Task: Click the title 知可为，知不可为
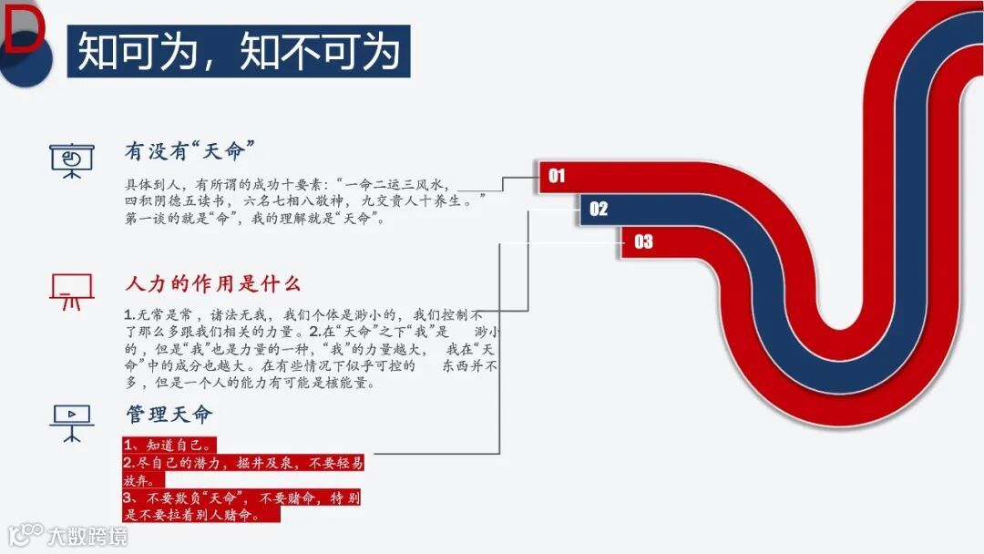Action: pyautogui.click(x=239, y=51)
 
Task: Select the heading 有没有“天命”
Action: pyautogui.click(x=189, y=150)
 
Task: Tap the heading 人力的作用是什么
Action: pyautogui.click(x=212, y=283)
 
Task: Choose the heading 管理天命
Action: pyautogui.click(x=169, y=415)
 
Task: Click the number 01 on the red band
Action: pyautogui.click(x=557, y=176)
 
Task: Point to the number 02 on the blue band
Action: pyautogui.click(x=599, y=209)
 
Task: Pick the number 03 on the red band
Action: pyautogui.click(x=643, y=241)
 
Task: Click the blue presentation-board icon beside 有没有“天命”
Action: pyautogui.click(x=71, y=159)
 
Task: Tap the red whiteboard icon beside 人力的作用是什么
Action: pyautogui.click(x=71, y=292)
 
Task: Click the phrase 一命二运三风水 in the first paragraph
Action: pyautogui.click(x=397, y=183)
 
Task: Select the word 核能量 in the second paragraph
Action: pyautogui.click(x=352, y=383)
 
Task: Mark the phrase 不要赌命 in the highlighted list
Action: pyautogui.click(x=292, y=498)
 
